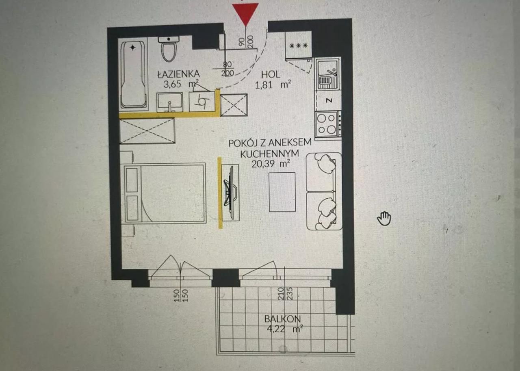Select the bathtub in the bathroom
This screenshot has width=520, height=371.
pyautogui.click(x=134, y=74)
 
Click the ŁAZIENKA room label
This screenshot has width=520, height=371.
pyautogui.click(x=179, y=74)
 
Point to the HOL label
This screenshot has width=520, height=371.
pyautogui.click(x=271, y=74)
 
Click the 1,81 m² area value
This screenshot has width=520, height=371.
pyautogui.click(x=273, y=85)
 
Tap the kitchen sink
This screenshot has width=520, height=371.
pyautogui.click(x=328, y=74)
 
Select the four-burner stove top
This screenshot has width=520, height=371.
pyautogui.click(x=327, y=125)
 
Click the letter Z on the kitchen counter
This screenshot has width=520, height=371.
pyautogui.click(x=329, y=100)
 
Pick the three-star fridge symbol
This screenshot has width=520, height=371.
pyautogui.click(x=299, y=46)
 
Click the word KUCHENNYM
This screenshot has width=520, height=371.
pyautogui.click(x=269, y=154)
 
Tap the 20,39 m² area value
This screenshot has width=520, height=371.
pyautogui.click(x=271, y=164)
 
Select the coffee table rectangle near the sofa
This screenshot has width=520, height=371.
pyautogui.click(x=282, y=192)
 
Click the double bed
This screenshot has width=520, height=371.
pyautogui.click(x=165, y=193)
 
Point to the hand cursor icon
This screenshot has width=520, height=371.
pyautogui.click(x=384, y=219)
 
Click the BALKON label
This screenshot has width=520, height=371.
pyautogui.click(x=282, y=319)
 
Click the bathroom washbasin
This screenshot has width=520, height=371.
pyautogui.click(x=170, y=102)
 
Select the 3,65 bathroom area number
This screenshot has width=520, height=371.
pyautogui.click(x=172, y=84)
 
